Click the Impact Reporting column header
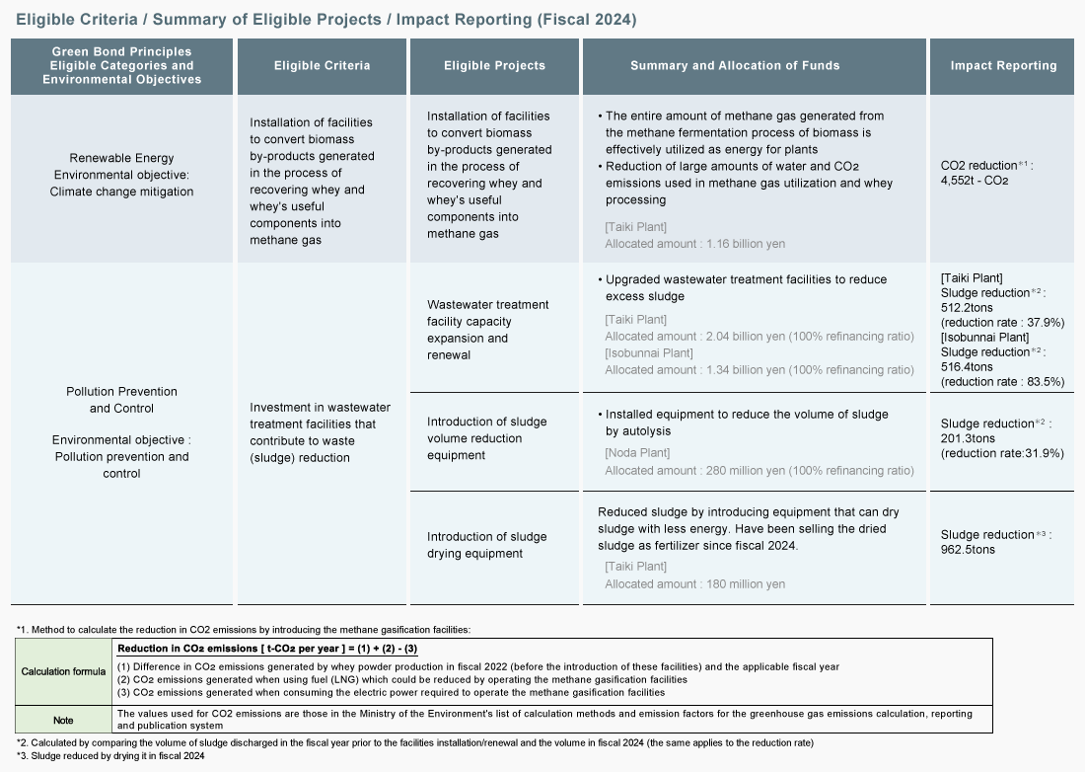(1003, 66)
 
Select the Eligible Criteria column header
(322, 66)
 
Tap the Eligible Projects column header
(494, 66)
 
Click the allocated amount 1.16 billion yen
(694, 244)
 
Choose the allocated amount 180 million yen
(694, 584)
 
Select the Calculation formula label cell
(63, 672)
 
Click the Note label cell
(63, 719)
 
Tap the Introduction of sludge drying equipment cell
(486, 545)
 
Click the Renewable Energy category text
(121, 158)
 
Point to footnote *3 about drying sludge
(110, 756)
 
